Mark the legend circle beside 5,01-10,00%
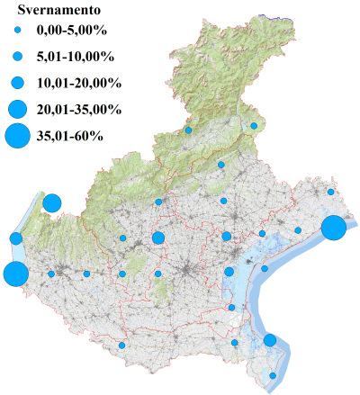(17, 57)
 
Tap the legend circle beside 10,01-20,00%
(17, 83)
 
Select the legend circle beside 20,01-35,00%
(17, 110)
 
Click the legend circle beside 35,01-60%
(17, 136)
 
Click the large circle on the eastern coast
(333, 228)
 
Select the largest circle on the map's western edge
(14, 274)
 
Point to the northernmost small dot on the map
(255, 126)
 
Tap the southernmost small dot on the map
(274, 376)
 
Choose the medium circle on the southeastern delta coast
(269, 340)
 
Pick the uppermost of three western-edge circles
(51, 202)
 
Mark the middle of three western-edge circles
(16, 238)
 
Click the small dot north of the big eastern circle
(331, 192)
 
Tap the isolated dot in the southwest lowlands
(121, 346)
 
